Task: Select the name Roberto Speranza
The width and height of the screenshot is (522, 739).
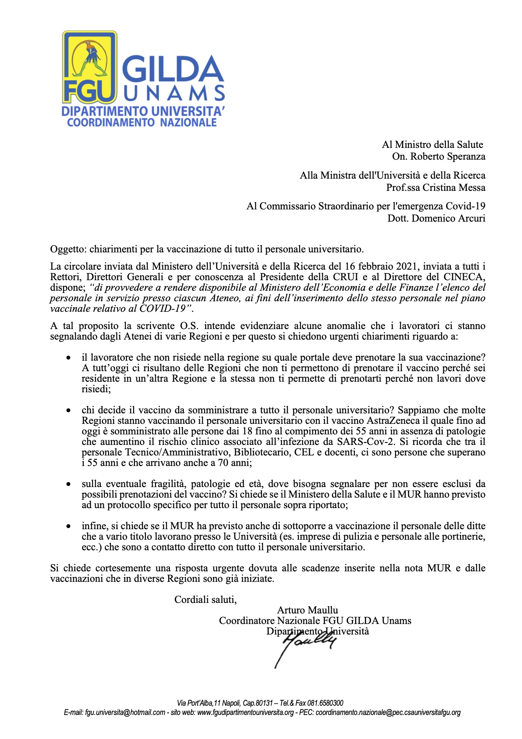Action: [448, 157]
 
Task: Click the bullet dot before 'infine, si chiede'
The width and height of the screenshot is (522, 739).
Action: [68, 526]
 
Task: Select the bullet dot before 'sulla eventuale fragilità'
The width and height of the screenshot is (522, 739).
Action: [68, 485]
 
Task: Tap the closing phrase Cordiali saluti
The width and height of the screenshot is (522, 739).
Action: [206, 599]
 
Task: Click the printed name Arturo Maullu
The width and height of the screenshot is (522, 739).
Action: [308, 610]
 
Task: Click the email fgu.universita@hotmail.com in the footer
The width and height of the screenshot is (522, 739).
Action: [125, 712]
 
